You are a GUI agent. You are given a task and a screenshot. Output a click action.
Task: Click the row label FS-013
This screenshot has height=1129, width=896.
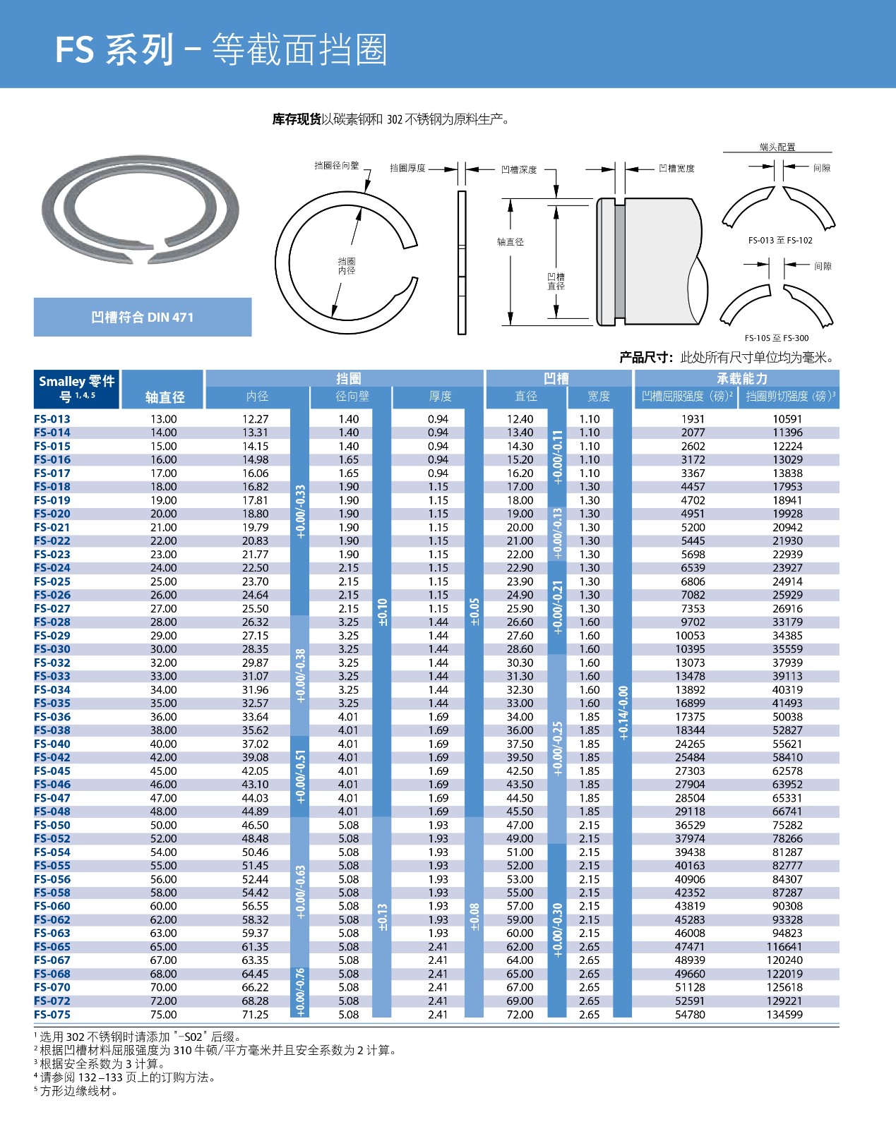(52, 419)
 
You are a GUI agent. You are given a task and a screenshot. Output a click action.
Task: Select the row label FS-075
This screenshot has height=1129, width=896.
(52, 1015)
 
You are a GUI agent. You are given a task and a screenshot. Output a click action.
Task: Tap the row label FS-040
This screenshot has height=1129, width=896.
(52, 744)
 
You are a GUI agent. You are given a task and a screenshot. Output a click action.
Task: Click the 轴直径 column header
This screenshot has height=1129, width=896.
(165, 397)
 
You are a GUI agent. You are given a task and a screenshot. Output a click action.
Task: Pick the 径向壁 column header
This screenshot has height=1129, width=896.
(352, 397)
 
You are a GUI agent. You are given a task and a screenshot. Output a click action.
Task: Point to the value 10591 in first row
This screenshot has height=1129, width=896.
(787, 419)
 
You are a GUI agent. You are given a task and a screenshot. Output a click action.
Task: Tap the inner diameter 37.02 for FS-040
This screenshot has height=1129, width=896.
(255, 744)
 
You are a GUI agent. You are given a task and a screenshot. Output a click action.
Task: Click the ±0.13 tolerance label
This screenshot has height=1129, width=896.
(382, 917)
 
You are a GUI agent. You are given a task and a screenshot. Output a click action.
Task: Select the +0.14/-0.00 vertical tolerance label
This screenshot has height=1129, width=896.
(623, 713)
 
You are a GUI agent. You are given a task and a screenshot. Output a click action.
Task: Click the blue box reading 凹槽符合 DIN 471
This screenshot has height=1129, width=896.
(143, 318)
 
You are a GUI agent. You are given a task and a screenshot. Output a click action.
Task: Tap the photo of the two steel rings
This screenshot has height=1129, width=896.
(140, 210)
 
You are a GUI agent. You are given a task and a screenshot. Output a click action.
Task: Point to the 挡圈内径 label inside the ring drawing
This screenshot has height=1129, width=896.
(346, 266)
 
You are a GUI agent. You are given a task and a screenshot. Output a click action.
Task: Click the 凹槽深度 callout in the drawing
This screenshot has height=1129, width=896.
(518, 169)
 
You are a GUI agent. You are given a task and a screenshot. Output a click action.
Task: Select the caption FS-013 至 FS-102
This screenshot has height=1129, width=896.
(780, 241)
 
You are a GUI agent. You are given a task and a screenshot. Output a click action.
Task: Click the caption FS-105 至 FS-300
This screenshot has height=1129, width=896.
(777, 338)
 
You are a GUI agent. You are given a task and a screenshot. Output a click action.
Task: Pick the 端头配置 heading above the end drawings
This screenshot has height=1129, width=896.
(777, 147)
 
